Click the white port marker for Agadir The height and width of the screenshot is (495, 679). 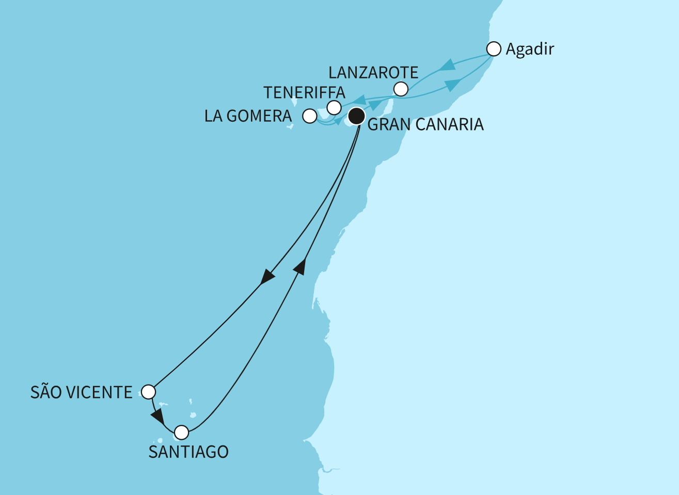[494, 49]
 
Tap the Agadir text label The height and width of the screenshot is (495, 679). [530, 49]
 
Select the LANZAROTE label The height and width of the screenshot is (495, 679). [373, 72]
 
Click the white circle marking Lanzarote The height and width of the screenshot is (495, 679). [401, 89]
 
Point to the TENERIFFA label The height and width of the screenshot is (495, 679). [304, 92]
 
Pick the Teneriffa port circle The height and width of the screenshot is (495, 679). [334, 107]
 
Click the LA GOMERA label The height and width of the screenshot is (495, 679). [248, 116]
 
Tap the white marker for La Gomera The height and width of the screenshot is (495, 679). [309, 116]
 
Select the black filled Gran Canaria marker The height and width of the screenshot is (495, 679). [356, 116]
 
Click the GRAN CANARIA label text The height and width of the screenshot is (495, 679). [425, 125]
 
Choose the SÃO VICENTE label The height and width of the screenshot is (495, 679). [82, 392]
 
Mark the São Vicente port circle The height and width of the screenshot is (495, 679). [148, 392]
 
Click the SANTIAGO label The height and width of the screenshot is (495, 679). [188, 452]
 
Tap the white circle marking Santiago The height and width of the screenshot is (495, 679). [181, 432]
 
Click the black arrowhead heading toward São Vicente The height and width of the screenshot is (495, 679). [267, 277]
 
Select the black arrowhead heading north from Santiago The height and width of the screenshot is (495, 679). [301, 266]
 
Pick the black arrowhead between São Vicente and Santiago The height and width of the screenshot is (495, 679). [157, 416]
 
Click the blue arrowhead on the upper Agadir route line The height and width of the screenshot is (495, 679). [448, 65]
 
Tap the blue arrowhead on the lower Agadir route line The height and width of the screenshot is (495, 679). [453, 85]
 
